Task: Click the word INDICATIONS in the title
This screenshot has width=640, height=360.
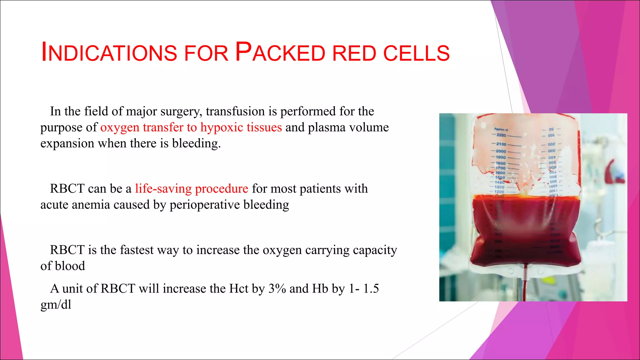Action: [x=109, y=52]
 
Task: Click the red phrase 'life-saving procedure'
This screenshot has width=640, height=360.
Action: [x=192, y=189]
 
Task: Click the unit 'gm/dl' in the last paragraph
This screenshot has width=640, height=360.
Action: [x=56, y=304]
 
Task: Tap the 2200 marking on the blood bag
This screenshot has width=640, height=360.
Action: [x=501, y=135]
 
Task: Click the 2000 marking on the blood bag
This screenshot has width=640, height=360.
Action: [x=501, y=151]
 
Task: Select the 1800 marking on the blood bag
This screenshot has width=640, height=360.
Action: [x=500, y=163]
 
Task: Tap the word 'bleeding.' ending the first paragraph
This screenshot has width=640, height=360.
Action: [x=196, y=143]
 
